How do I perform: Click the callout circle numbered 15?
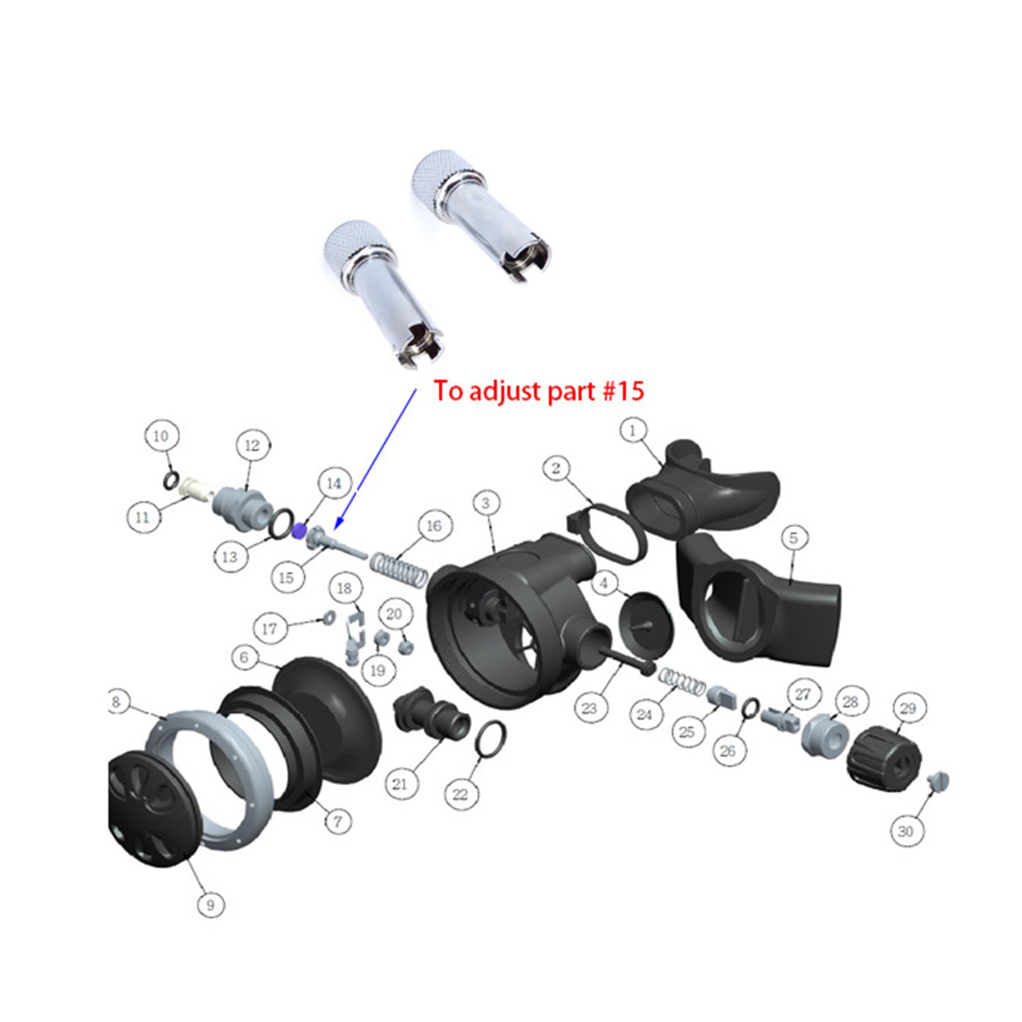(x=287, y=577)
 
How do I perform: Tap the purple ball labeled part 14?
(x=298, y=530)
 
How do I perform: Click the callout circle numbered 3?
(x=485, y=503)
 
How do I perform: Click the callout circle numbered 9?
(x=211, y=904)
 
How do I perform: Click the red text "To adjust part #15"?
(x=538, y=391)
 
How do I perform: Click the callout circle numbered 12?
(x=253, y=445)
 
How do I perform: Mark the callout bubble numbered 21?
(x=399, y=783)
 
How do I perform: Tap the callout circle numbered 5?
(x=793, y=538)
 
